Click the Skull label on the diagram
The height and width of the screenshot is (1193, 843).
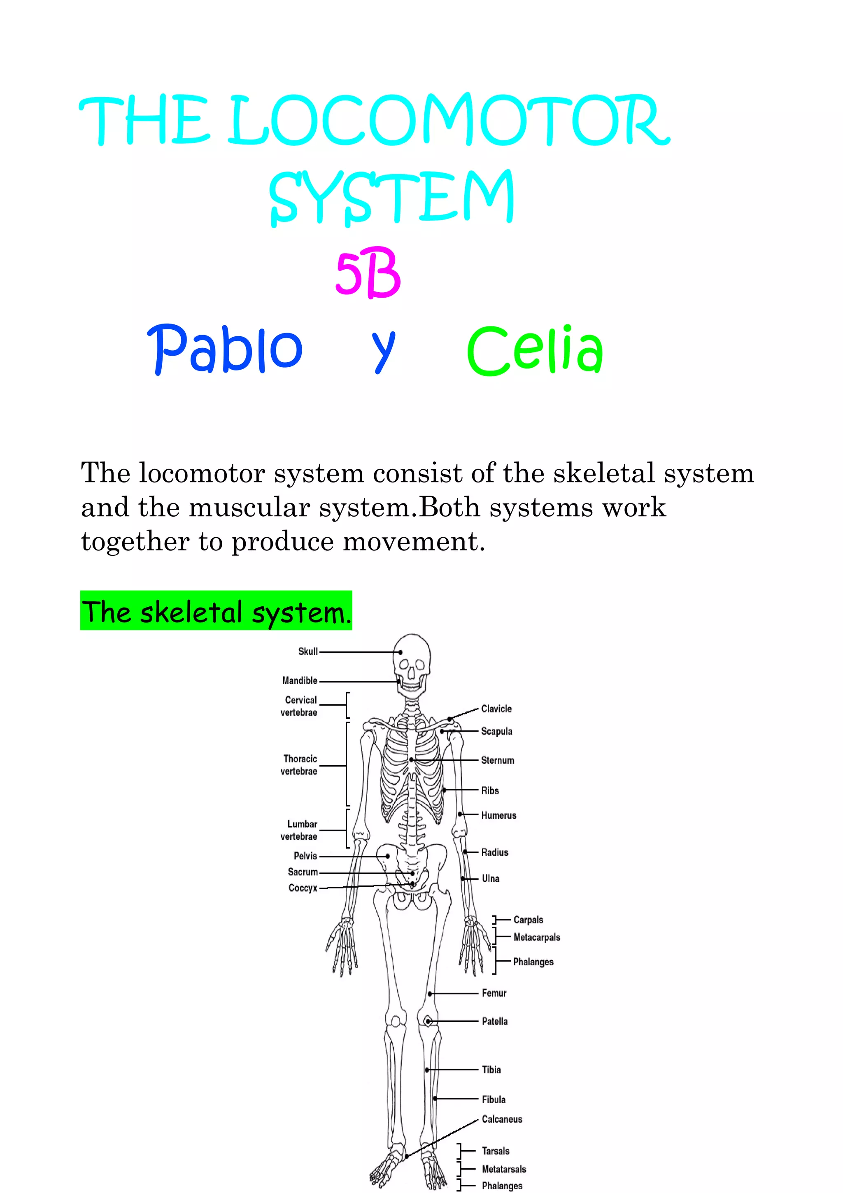coord(307,652)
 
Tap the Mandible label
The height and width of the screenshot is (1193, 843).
coord(300,680)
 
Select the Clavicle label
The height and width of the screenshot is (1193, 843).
coord(496,709)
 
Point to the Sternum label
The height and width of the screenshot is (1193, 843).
coord(497,760)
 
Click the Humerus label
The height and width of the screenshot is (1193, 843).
coord(498,815)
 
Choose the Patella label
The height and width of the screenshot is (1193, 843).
coord(494,1021)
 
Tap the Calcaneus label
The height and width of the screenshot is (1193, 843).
coord(502,1119)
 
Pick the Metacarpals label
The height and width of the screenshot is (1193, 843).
coord(537,937)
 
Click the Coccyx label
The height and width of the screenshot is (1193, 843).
coord(303,888)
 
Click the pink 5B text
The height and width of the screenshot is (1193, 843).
coord(368,273)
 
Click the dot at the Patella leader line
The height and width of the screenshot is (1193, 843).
coord(428,1021)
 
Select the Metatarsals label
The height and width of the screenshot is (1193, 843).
coord(504,1169)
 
